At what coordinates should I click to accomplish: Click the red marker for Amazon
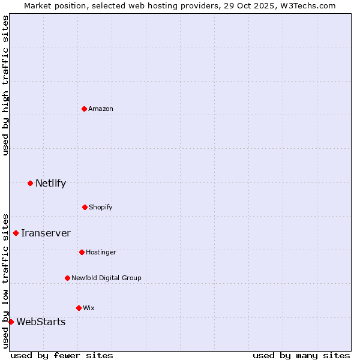pos(84,109)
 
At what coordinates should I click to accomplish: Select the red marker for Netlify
pos(30,183)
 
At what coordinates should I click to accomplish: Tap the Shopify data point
pos(85,207)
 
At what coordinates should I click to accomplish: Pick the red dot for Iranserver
pos(16,233)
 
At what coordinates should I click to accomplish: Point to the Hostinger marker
pos(82,252)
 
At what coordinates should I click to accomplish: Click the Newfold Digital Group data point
pos(67,278)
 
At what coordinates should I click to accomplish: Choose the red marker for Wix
pos(79,308)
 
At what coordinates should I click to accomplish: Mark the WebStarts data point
pos(11,322)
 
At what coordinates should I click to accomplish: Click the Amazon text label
pos(101,109)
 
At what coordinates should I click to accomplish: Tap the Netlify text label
pos(50,183)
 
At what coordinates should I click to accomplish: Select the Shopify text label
pos(101,207)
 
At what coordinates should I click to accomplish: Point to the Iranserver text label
pos(46,233)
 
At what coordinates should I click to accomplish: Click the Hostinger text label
pos(101,252)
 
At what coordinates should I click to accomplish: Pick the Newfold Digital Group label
pos(106,278)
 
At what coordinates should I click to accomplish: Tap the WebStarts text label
pos(41,322)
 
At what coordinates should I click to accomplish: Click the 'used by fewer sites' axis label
pos(62,355)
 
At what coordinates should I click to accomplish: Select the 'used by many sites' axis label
pos(301,355)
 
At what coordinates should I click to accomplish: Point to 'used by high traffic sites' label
pos(5,85)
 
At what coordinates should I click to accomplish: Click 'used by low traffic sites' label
pos(5,280)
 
